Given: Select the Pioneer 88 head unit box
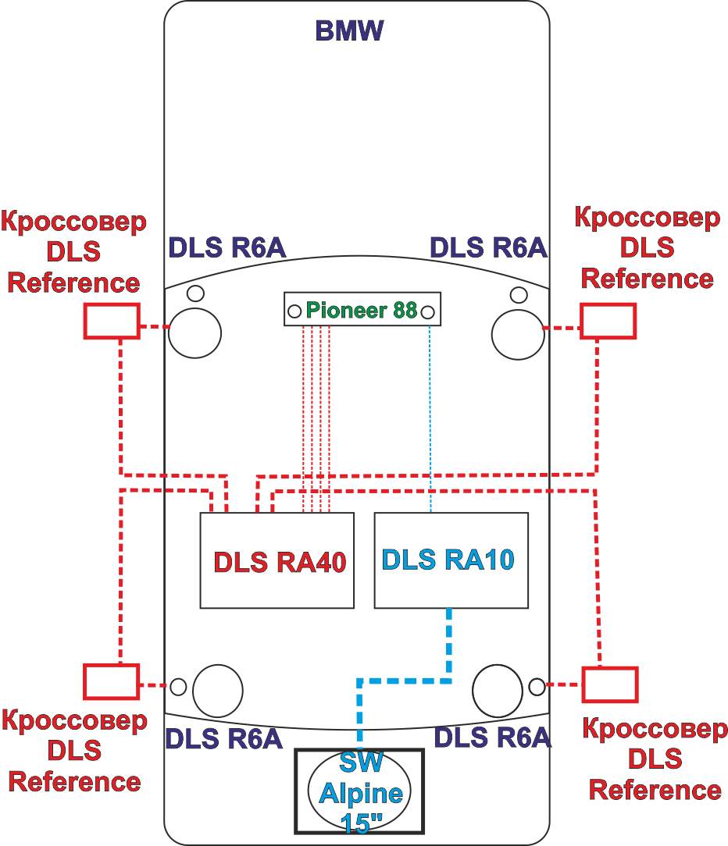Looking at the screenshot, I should pos(362,310).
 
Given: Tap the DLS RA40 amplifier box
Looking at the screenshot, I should pos(277,560).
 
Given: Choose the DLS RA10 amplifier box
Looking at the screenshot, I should pos(451,560).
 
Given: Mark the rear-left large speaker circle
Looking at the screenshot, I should pos(219,691).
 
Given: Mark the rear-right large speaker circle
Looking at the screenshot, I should pos(498,691).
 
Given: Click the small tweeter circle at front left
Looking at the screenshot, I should pos(195,293).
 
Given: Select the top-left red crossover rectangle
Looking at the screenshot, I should pos(112,321).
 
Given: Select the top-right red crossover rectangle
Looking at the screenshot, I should pos(608,321).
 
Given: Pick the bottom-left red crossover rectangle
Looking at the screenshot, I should pos(111,681).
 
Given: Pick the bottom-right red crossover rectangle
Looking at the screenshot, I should pos(610,684).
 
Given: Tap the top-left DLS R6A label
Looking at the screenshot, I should pos(227,247).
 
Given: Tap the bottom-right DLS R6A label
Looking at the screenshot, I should pos(491,737).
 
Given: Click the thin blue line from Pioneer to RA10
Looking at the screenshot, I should pos(430,414).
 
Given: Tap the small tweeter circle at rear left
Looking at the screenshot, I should pos(179,687).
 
